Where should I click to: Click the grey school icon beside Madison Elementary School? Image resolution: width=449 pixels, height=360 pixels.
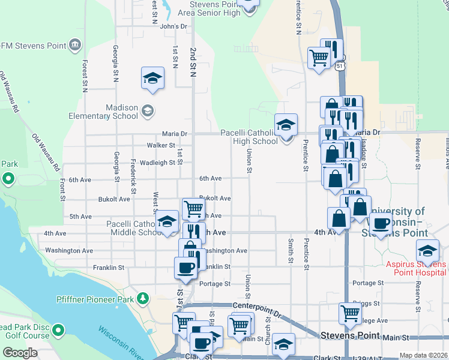click(148, 111)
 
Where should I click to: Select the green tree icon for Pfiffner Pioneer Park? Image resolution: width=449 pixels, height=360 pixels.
click(143, 298)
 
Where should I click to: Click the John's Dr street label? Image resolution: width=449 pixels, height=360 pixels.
click(174, 26)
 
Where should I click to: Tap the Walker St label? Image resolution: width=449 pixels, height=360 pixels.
click(161, 145)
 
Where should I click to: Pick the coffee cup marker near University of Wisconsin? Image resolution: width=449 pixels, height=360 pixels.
click(379, 224)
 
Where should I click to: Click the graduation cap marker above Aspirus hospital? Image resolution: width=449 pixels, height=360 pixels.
click(427, 250)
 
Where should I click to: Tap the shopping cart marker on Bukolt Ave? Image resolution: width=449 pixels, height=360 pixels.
click(193, 208)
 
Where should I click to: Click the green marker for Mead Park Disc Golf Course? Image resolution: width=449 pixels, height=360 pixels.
click(58, 330)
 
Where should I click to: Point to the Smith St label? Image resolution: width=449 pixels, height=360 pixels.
click(291, 251)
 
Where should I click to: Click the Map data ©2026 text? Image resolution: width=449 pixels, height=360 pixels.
click(423, 355)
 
